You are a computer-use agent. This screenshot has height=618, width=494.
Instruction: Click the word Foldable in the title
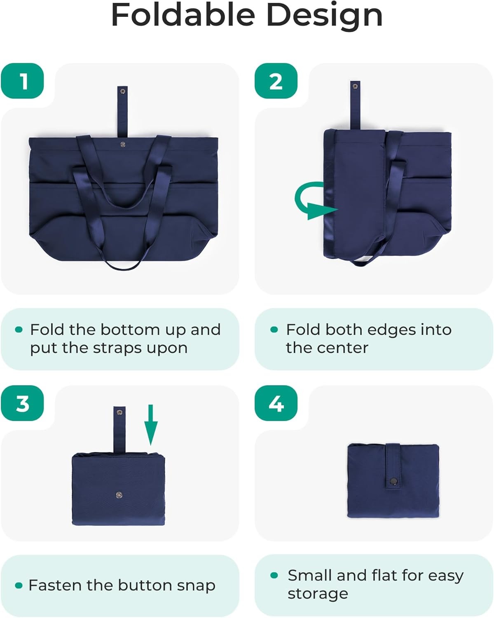coord(183,14)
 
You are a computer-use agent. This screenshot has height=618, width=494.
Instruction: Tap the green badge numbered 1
coord(22,81)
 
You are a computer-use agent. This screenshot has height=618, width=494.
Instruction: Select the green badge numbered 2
coord(276,81)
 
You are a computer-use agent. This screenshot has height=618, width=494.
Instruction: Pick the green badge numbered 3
coord(22,403)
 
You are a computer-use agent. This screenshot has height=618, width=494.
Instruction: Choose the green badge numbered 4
coord(276,403)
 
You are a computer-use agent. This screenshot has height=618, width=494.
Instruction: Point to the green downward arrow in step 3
coord(151,425)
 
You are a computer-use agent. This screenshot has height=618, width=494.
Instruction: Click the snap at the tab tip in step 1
coord(123,91)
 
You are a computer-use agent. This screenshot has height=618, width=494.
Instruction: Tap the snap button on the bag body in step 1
coord(123,144)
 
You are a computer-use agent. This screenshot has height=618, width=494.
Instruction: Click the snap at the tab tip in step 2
coord(355,86)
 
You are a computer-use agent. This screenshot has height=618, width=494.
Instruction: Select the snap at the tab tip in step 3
coord(119,412)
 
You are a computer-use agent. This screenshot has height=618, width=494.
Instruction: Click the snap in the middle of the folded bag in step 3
coord(119,494)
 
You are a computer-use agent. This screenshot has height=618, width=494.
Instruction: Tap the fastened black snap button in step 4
coord(393,480)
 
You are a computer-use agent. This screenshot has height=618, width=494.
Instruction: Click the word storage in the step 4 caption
coord(318,594)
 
